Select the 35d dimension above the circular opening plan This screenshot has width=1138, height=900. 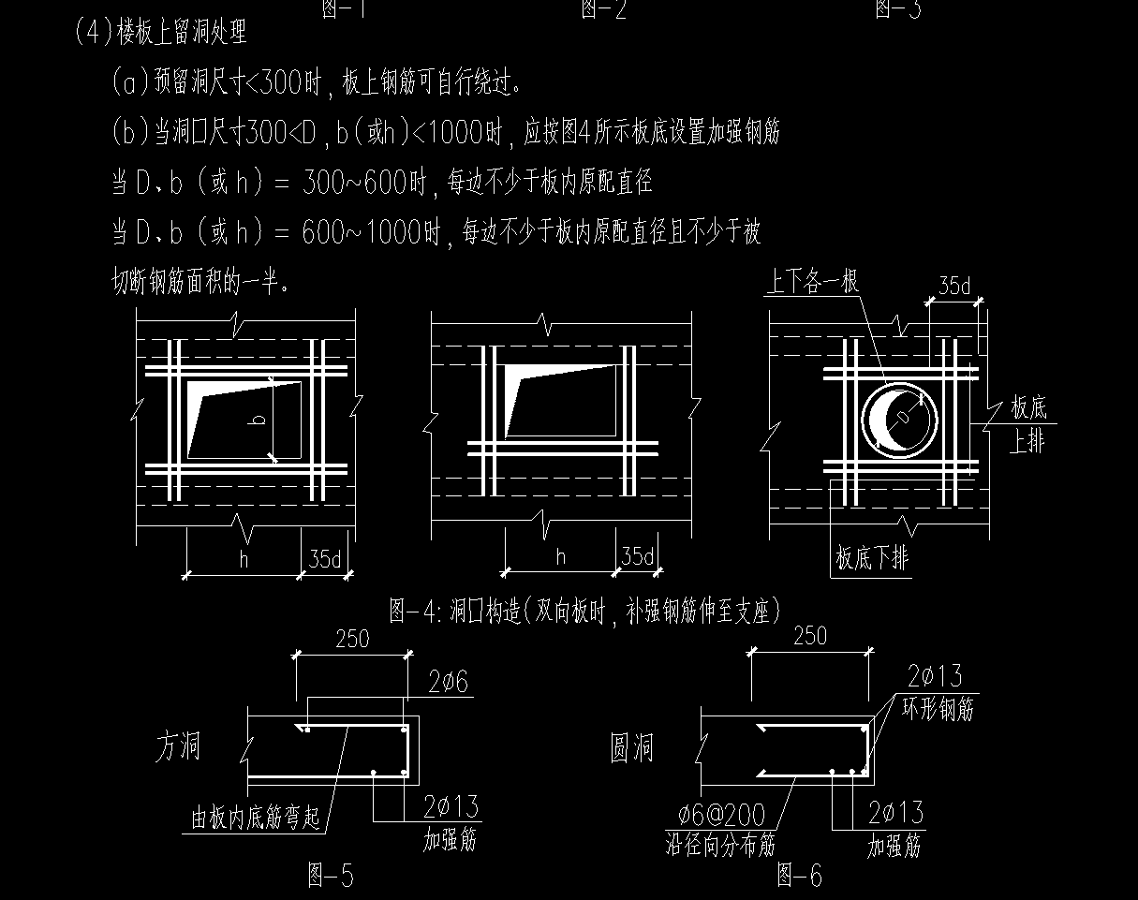coord(953,287)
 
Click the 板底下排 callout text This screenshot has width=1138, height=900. coord(872,559)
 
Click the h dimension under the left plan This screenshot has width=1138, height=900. coord(244,559)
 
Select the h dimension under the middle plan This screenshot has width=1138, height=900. coord(560,557)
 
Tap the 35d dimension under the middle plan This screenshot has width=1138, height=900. coord(637,557)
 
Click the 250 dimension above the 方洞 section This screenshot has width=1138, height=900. coord(351,640)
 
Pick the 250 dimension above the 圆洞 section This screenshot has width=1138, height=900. coord(809,637)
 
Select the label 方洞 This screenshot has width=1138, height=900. coord(178,747)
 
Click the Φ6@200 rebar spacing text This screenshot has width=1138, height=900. coord(717,815)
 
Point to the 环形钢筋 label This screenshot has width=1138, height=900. coord(937,709)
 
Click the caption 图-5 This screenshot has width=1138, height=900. coord(331,877)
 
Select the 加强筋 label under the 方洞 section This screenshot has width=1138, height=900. coord(450,841)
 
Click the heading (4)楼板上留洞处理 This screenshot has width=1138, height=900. coord(160,34)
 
